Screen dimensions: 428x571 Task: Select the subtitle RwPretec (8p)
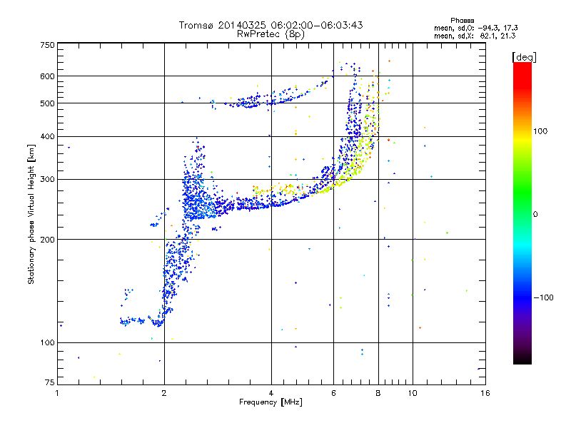tap(271, 34)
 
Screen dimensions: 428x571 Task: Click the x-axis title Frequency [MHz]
tap(271, 402)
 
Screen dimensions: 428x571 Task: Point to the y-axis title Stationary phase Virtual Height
tap(31, 215)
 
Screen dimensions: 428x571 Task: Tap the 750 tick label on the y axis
tap(47, 45)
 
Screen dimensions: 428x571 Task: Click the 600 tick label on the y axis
tap(47, 76)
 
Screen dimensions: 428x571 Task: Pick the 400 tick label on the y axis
tap(47, 136)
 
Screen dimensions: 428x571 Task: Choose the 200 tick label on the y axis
tap(47, 239)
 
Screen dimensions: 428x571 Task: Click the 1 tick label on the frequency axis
tap(57, 393)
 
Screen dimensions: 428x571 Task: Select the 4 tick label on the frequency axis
tap(271, 393)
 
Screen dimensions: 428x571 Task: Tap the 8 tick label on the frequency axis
tap(378, 393)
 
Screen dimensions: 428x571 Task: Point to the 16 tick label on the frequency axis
tap(485, 393)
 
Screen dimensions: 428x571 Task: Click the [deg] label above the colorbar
tap(524, 56)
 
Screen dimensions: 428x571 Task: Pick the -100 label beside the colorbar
tap(543, 297)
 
